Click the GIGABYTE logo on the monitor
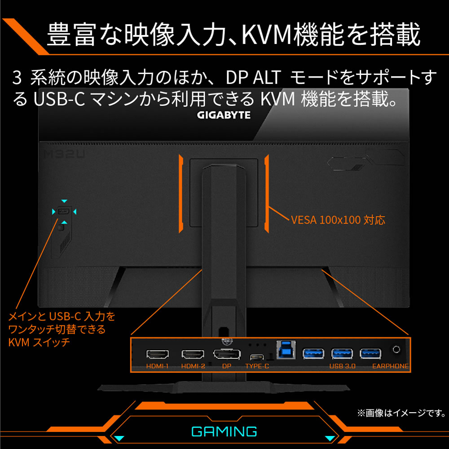pos(224,115)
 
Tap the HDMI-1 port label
pos(157,366)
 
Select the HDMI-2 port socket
pos(193,354)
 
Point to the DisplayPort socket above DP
pos(226,354)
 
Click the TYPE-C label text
pos(257,366)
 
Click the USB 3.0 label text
pos(342,366)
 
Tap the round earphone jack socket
pos(396,349)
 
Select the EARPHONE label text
pos(390,366)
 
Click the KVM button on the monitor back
pos(64,211)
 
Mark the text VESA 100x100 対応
pos(338,220)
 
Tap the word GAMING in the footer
pos(224,432)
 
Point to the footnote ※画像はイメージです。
pos(401,413)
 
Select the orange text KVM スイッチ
pos(39,343)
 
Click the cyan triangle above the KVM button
pos(64,201)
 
